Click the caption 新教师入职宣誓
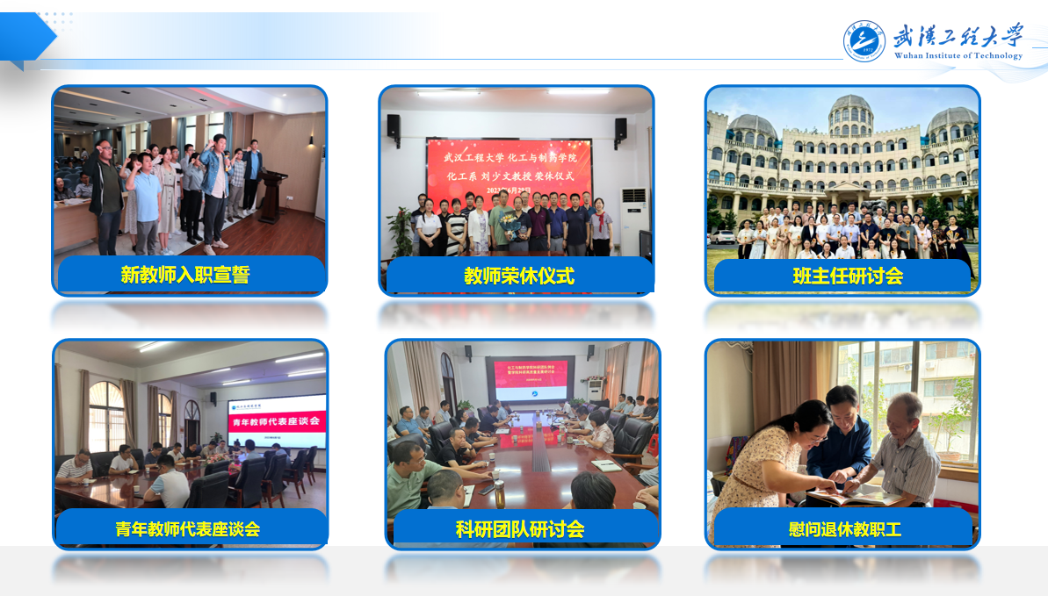click(x=185, y=275)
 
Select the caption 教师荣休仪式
click(x=519, y=276)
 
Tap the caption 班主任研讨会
click(x=847, y=276)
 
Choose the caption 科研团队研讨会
click(x=520, y=528)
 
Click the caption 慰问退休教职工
click(x=845, y=529)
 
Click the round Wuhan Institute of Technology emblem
click(x=864, y=40)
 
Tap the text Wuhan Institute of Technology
click(x=958, y=55)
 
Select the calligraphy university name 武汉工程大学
click(x=958, y=36)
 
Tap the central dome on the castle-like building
click(x=851, y=110)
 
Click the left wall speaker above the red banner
click(x=394, y=126)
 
